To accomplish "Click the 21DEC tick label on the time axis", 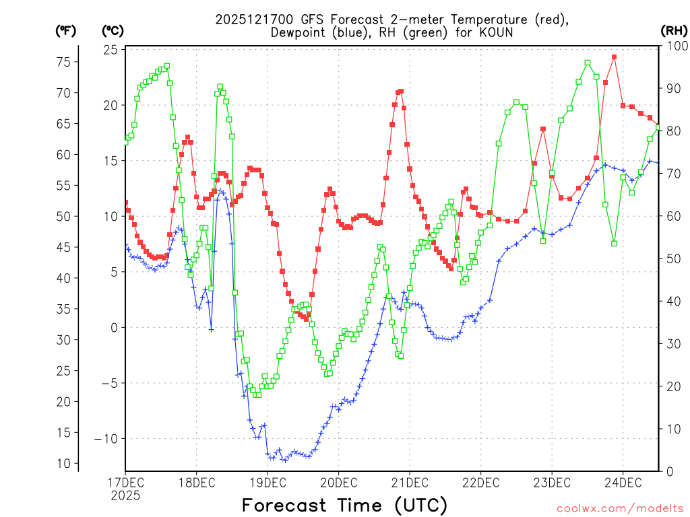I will [410, 482].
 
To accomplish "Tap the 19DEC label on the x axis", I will [268, 482].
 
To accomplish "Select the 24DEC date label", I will [623, 482].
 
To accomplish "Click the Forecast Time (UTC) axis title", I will [344, 505].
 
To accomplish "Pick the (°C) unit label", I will [113, 31].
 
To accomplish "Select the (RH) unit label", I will [674, 31].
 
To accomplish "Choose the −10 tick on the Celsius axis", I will [106, 439].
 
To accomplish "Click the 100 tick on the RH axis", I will [675, 46].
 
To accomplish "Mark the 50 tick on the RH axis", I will [672, 258].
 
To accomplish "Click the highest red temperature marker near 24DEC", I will [614, 57].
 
